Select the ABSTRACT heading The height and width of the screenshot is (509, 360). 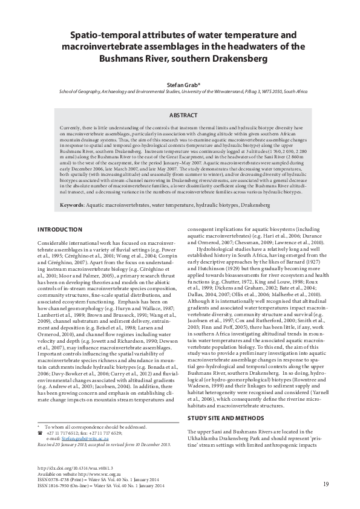coord(180,114)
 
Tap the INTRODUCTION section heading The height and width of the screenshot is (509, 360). coord(60,230)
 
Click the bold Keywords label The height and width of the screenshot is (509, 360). coord(72,206)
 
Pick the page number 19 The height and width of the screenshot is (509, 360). coord(326,484)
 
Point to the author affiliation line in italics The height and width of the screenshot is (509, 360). coord(180,94)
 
